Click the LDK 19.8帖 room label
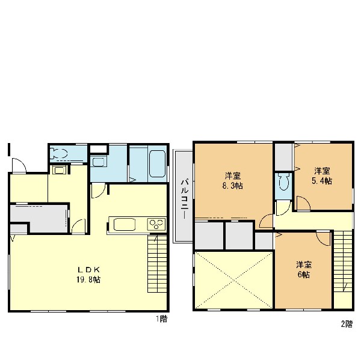pyautogui.click(x=88, y=275)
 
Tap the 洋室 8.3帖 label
pyautogui.click(x=232, y=181)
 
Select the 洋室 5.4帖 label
pyautogui.click(x=322, y=176)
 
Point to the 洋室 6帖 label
pyautogui.click(x=304, y=270)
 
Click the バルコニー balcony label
pyautogui.click(x=185, y=199)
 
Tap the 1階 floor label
pyautogui.click(x=162, y=319)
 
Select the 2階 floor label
pyautogui.click(x=347, y=325)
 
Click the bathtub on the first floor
pyautogui.click(x=157, y=164)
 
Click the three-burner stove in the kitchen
pyautogui.click(x=156, y=224)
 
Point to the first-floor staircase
pyautogui.click(x=157, y=264)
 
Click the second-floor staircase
pyautogui.click(x=343, y=261)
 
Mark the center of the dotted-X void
pyautogui.click(x=233, y=280)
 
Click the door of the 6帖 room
pyautogui.click(x=324, y=238)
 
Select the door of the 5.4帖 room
pyautogui.click(x=303, y=203)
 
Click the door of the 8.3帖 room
pyautogui.click(x=266, y=221)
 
